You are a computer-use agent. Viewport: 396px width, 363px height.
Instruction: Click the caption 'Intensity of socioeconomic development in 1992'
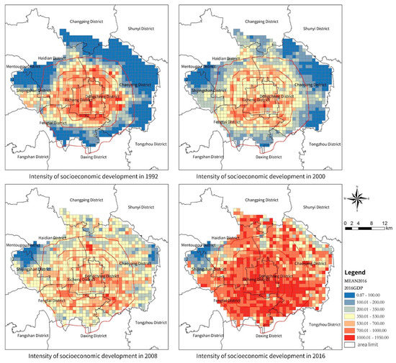[99, 174]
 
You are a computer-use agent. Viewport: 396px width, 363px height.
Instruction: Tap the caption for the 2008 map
[99, 353]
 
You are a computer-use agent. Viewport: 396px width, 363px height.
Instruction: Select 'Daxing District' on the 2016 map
[253, 336]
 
